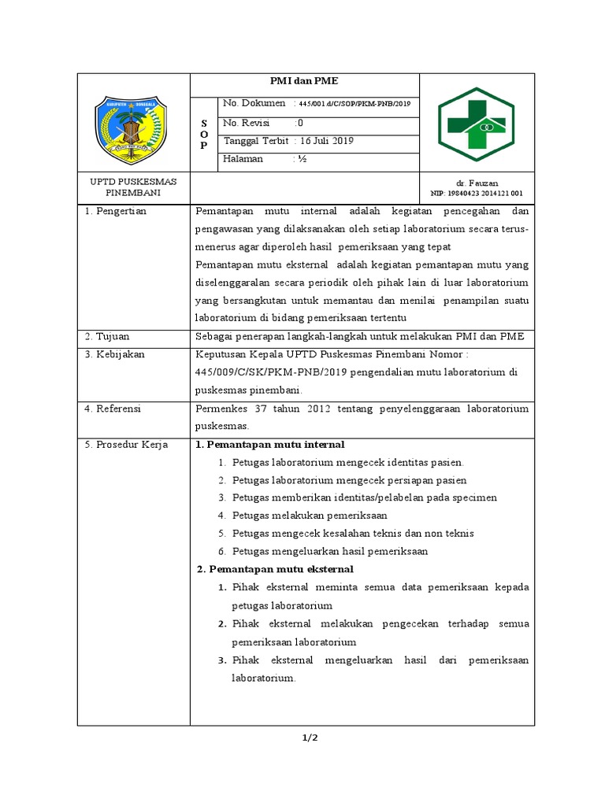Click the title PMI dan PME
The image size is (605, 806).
tap(304, 81)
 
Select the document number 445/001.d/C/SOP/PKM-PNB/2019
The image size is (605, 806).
tap(354, 104)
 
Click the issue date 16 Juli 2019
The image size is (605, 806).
tap(325, 141)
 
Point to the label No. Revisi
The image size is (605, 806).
tap(247, 123)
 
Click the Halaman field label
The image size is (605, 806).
tap(243, 159)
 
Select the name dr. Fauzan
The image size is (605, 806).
tap(477, 182)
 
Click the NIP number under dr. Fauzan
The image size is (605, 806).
tap(477, 194)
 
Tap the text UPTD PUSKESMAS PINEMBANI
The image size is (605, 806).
tap(133, 187)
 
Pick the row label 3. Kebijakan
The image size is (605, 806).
tap(115, 354)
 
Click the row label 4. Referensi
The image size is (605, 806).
tap(115, 409)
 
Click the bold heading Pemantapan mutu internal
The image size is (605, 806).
tap(269, 445)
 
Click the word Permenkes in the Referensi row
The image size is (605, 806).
tap(220, 409)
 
